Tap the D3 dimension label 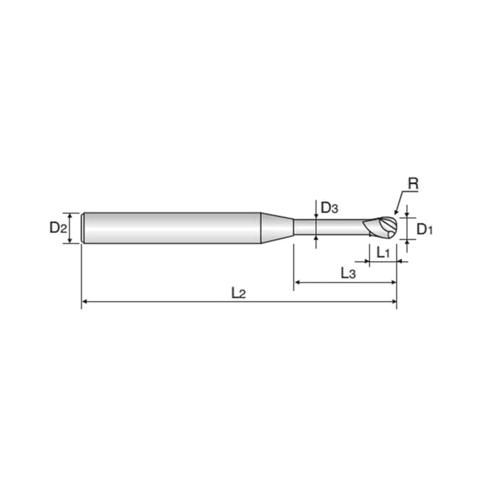click(x=329, y=208)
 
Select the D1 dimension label click(x=425, y=229)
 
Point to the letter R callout click(x=413, y=184)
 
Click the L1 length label click(x=383, y=253)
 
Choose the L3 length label click(x=348, y=274)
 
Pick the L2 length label click(x=239, y=293)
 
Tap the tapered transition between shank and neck click(x=277, y=228)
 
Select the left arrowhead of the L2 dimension click(x=85, y=302)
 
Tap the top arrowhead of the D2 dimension click(x=70, y=215)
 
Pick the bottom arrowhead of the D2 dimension click(x=70, y=240)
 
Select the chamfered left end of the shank click(x=83, y=228)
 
